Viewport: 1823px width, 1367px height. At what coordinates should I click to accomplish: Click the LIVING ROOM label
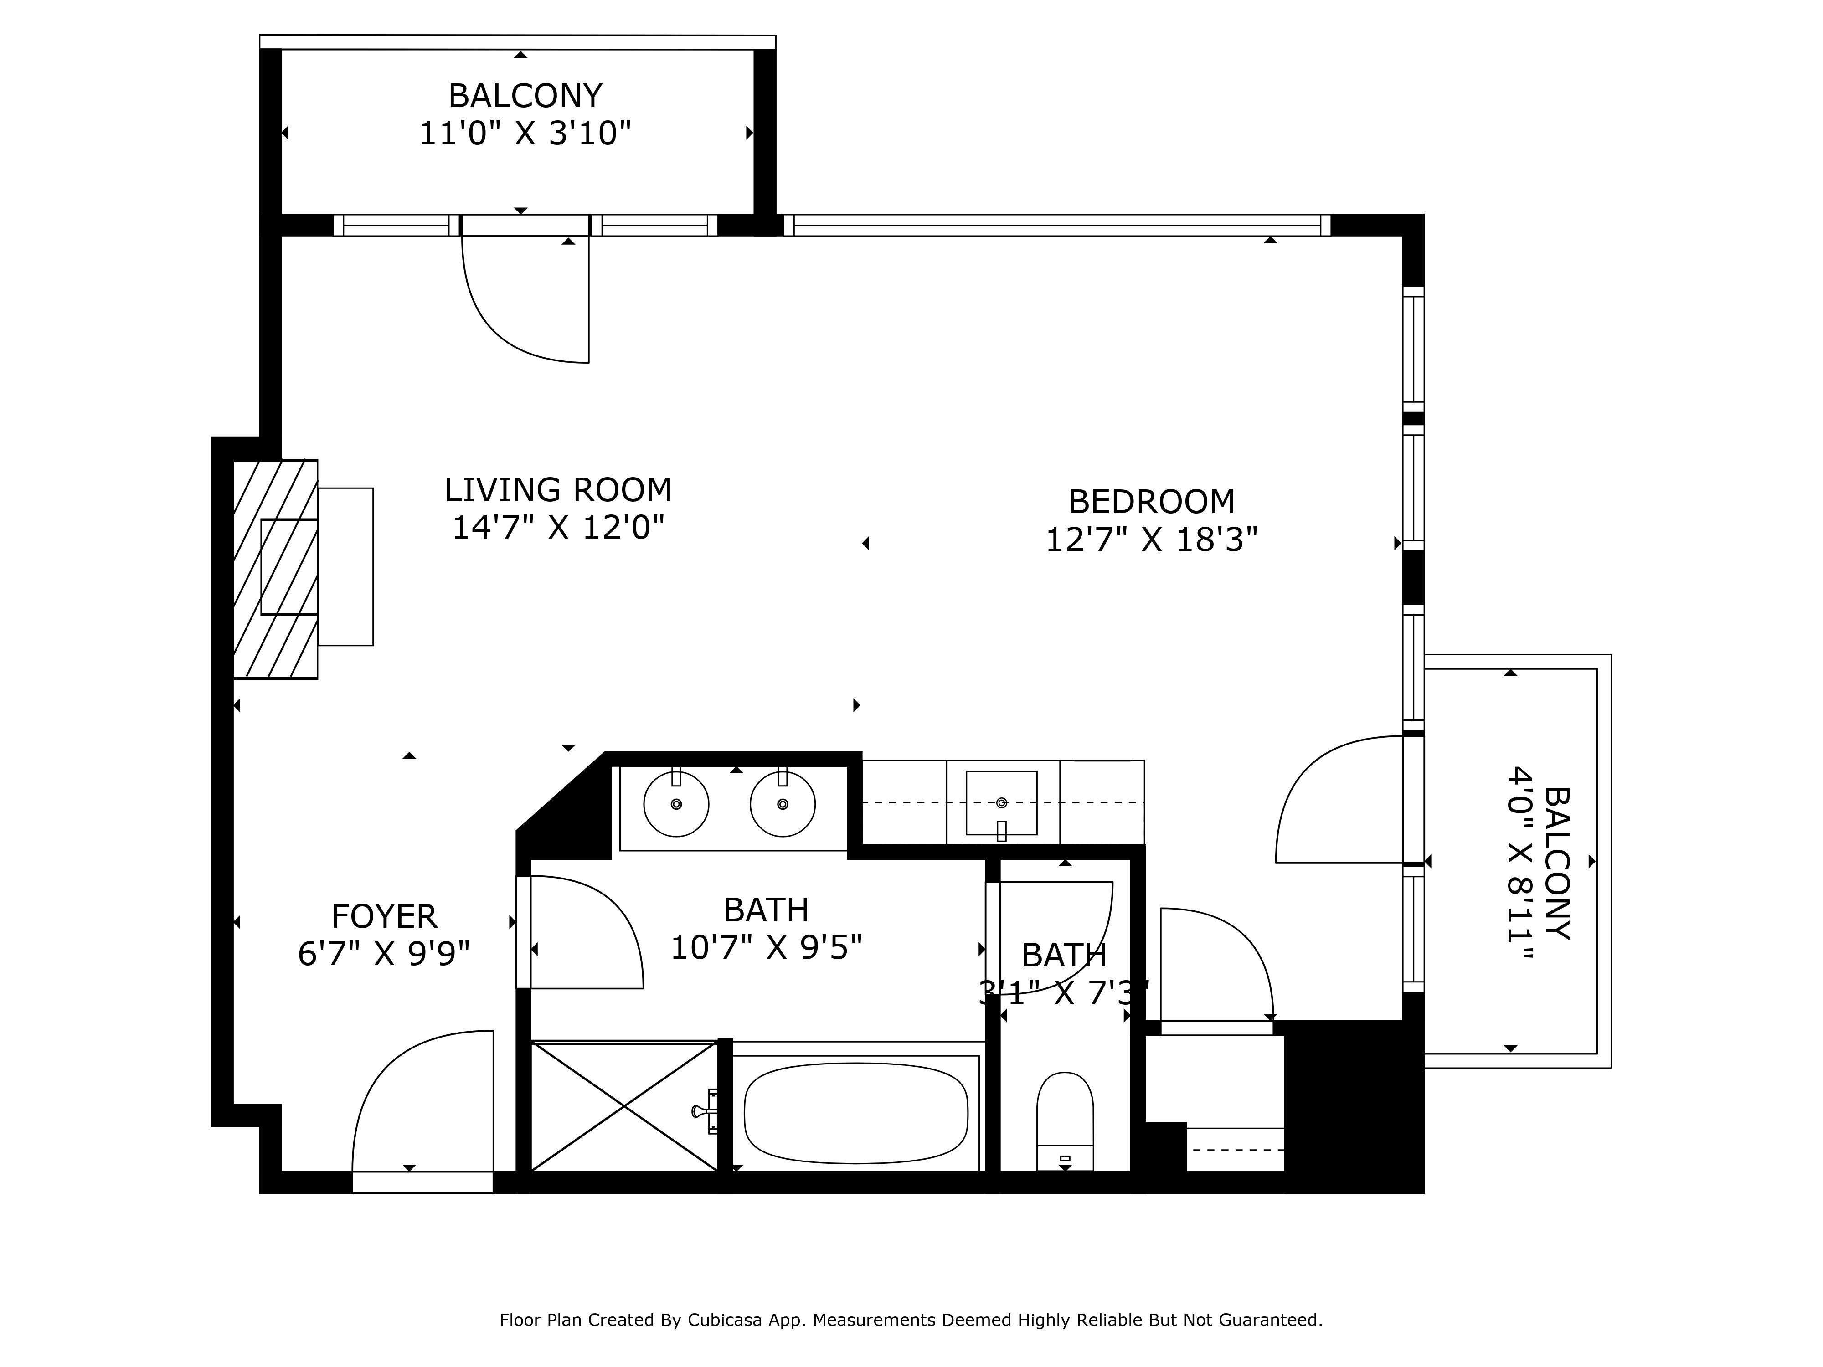(558, 490)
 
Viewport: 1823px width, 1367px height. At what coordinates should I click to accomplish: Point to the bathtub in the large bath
(855, 1112)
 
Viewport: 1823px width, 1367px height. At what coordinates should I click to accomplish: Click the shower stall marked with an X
(624, 1106)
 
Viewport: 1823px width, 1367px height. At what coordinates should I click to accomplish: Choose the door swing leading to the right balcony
(1339, 799)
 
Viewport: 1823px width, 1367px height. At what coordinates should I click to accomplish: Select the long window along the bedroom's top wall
(1056, 225)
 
